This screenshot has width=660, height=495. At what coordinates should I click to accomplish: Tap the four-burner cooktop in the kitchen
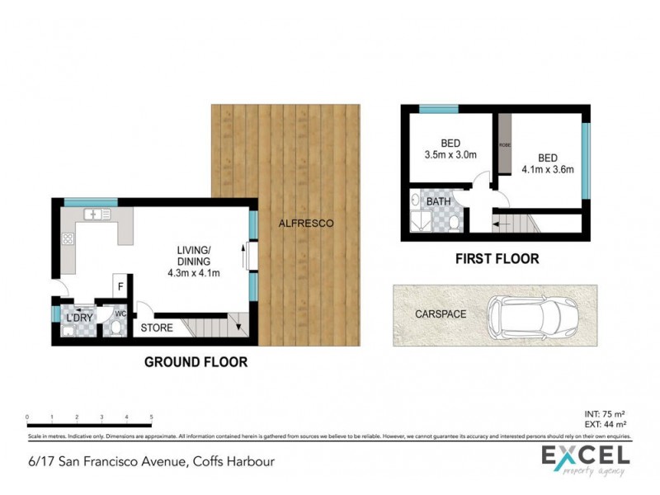[x=67, y=240]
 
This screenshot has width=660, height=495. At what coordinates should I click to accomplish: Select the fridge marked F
[x=120, y=286]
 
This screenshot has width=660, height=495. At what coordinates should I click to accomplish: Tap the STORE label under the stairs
[x=157, y=328]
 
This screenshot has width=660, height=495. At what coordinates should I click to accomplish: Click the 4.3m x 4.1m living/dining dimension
[x=194, y=273]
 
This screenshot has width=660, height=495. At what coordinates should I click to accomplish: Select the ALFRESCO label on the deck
[x=305, y=224]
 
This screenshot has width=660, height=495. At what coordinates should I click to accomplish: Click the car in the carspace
[x=532, y=316]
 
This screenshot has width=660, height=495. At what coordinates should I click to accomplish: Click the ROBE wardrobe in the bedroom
[x=503, y=144]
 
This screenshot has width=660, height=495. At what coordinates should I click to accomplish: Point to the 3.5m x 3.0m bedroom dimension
[x=450, y=153]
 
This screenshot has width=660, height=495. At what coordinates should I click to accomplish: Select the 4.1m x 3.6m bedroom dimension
[x=547, y=170]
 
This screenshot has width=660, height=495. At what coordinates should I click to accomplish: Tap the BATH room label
[x=438, y=201]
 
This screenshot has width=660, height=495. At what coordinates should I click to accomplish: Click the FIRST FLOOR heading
[x=497, y=259]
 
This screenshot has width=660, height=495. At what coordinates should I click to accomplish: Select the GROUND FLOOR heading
[x=196, y=361]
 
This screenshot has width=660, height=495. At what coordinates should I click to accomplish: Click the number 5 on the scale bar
[x=151, y=417]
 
